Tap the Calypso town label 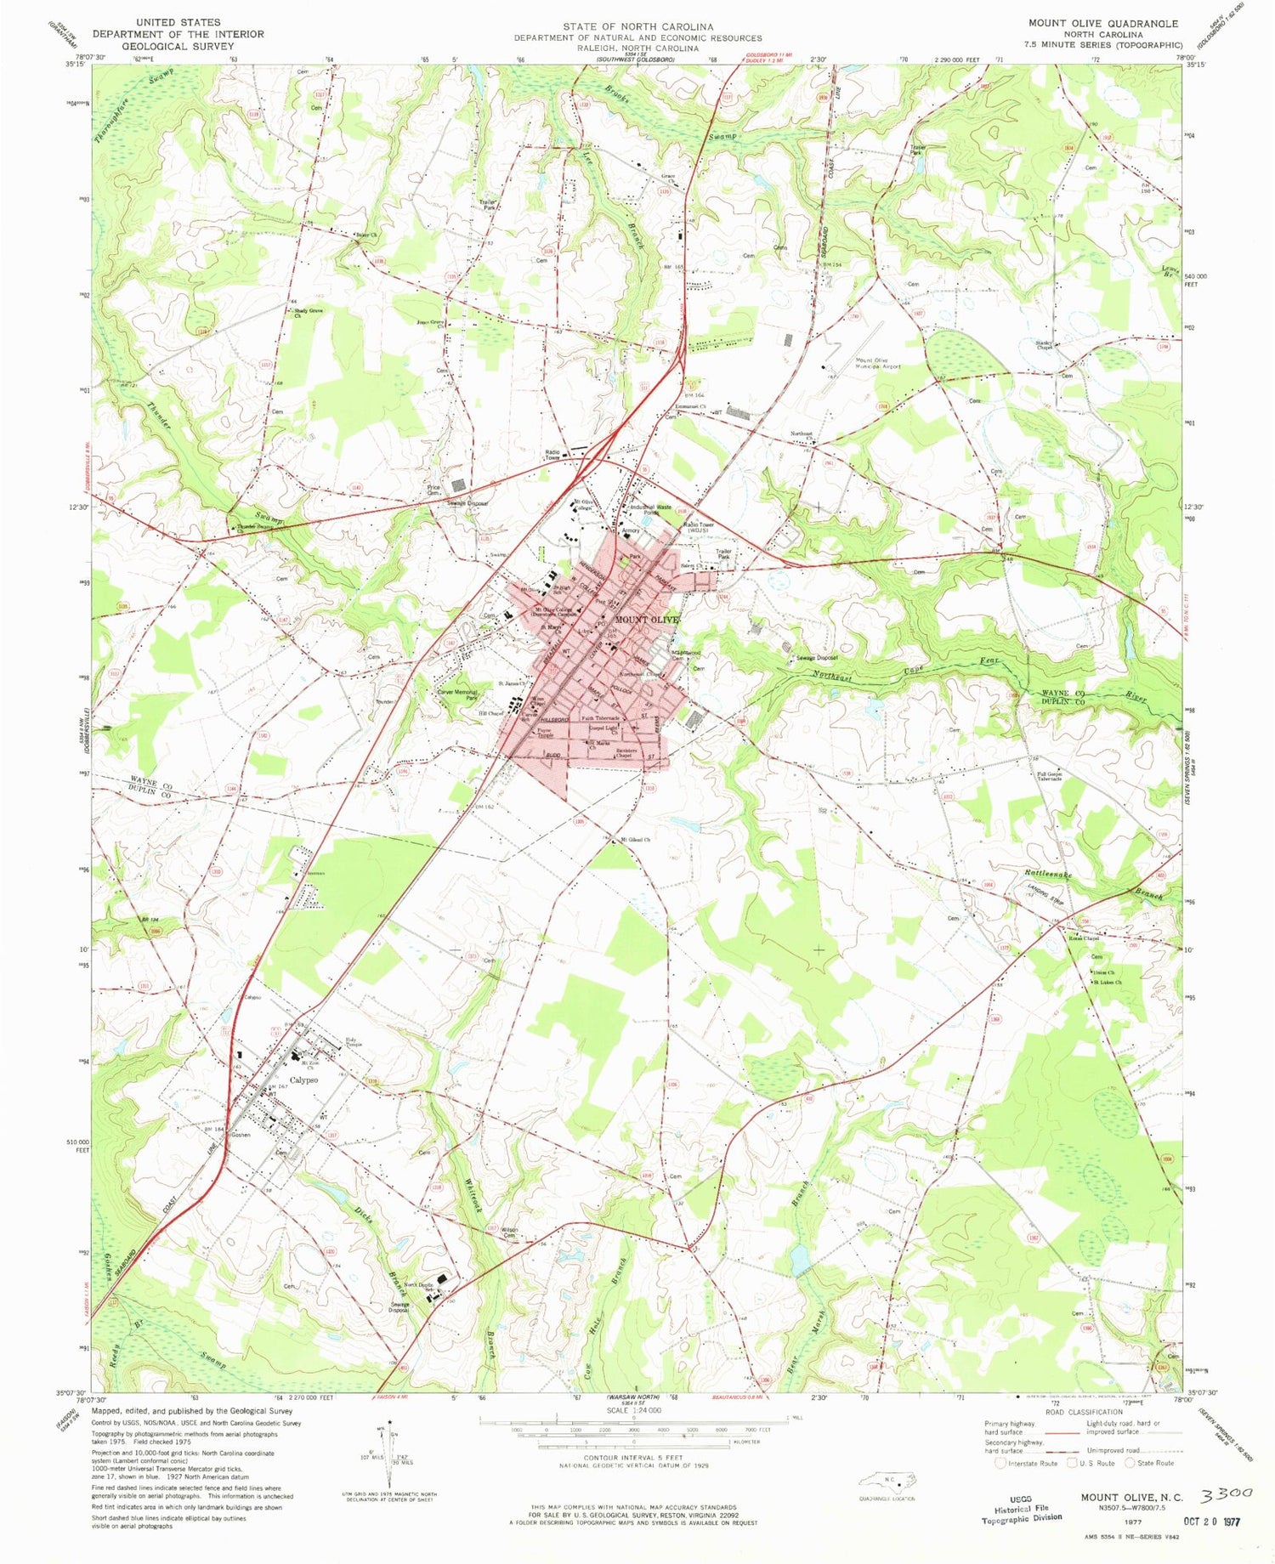[303, 1080]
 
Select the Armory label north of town [630, 530]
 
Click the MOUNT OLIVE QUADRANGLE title [1102, 24]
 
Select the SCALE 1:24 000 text [633, 1410]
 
